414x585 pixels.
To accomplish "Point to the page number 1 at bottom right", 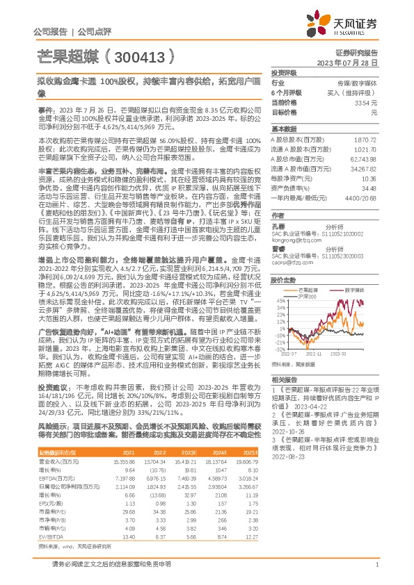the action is pos(376,566).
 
